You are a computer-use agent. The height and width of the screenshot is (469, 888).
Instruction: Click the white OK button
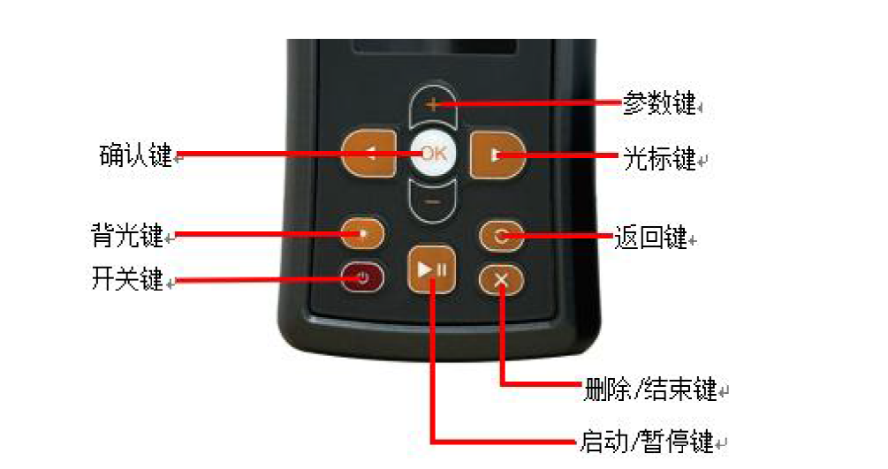point(433,154)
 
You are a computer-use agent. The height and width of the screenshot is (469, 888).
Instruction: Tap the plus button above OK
point(433,105)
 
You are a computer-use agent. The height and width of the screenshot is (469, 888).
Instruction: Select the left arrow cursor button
point(370,154)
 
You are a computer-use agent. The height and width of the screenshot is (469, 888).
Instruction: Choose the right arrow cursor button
point(497,155)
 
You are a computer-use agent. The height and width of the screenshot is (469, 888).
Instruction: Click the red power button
point(362,278)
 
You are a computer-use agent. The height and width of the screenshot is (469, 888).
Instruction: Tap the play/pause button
point(431,269)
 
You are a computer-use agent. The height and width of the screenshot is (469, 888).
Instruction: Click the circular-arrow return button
point(501,236)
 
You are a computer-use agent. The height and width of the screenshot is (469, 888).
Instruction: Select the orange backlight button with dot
point(362,233)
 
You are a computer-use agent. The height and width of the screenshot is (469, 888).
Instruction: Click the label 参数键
point(659,103)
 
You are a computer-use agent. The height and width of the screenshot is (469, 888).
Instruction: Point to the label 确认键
point(136,155)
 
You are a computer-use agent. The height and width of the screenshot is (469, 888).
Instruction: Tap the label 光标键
point(660,159)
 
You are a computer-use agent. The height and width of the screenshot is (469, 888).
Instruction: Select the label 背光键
point(127,235)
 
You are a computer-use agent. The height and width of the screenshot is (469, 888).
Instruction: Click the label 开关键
point(127,278)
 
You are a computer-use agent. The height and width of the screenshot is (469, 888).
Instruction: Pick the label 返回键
point(650,238)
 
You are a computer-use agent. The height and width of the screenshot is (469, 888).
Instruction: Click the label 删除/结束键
point(650,390)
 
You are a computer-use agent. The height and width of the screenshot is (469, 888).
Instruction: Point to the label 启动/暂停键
point(647,442)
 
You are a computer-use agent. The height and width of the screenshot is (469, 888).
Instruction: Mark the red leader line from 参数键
point(527,103)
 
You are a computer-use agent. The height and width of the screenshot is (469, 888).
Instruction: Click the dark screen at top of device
point(435,47)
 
